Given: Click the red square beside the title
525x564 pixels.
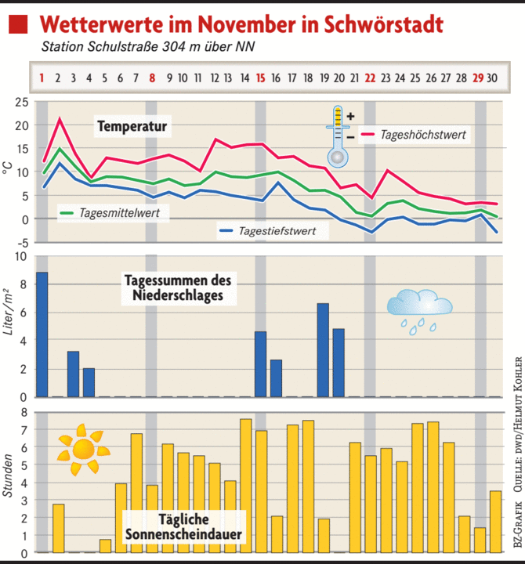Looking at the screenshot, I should pyautogui.click(x=18, y=25).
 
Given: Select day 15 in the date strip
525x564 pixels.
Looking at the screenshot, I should pyautogui.click(x=260, y=78).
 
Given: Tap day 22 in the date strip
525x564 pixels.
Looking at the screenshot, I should pyautogui.click(x=369, y=78).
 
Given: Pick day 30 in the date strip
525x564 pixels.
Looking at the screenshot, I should pyautogui.click(x=493, y=78).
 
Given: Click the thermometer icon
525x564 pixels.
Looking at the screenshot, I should pyautogui.click(x=338, y=137).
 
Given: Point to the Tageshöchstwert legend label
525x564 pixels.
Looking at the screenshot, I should pyautogui.click(x=423, y=135).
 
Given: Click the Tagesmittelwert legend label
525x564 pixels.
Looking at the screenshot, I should pyautogui.click(x=114, y=211).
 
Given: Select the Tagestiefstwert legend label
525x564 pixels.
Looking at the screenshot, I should pyautogui.click(x=277, y=230).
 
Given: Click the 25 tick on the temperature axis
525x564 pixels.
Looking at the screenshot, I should pyautogui.click(x=20, y=103).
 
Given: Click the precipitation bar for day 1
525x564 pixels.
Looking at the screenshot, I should pyautogui.click(x=42, y=334).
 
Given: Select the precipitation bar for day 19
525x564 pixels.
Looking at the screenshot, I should pyautogui.click(x=323, y=349).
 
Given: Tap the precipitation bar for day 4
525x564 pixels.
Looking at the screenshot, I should pyautogui.click(x=89, y=382).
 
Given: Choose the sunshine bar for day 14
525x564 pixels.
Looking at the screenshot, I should pyautogui.click(x=245, y=486).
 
